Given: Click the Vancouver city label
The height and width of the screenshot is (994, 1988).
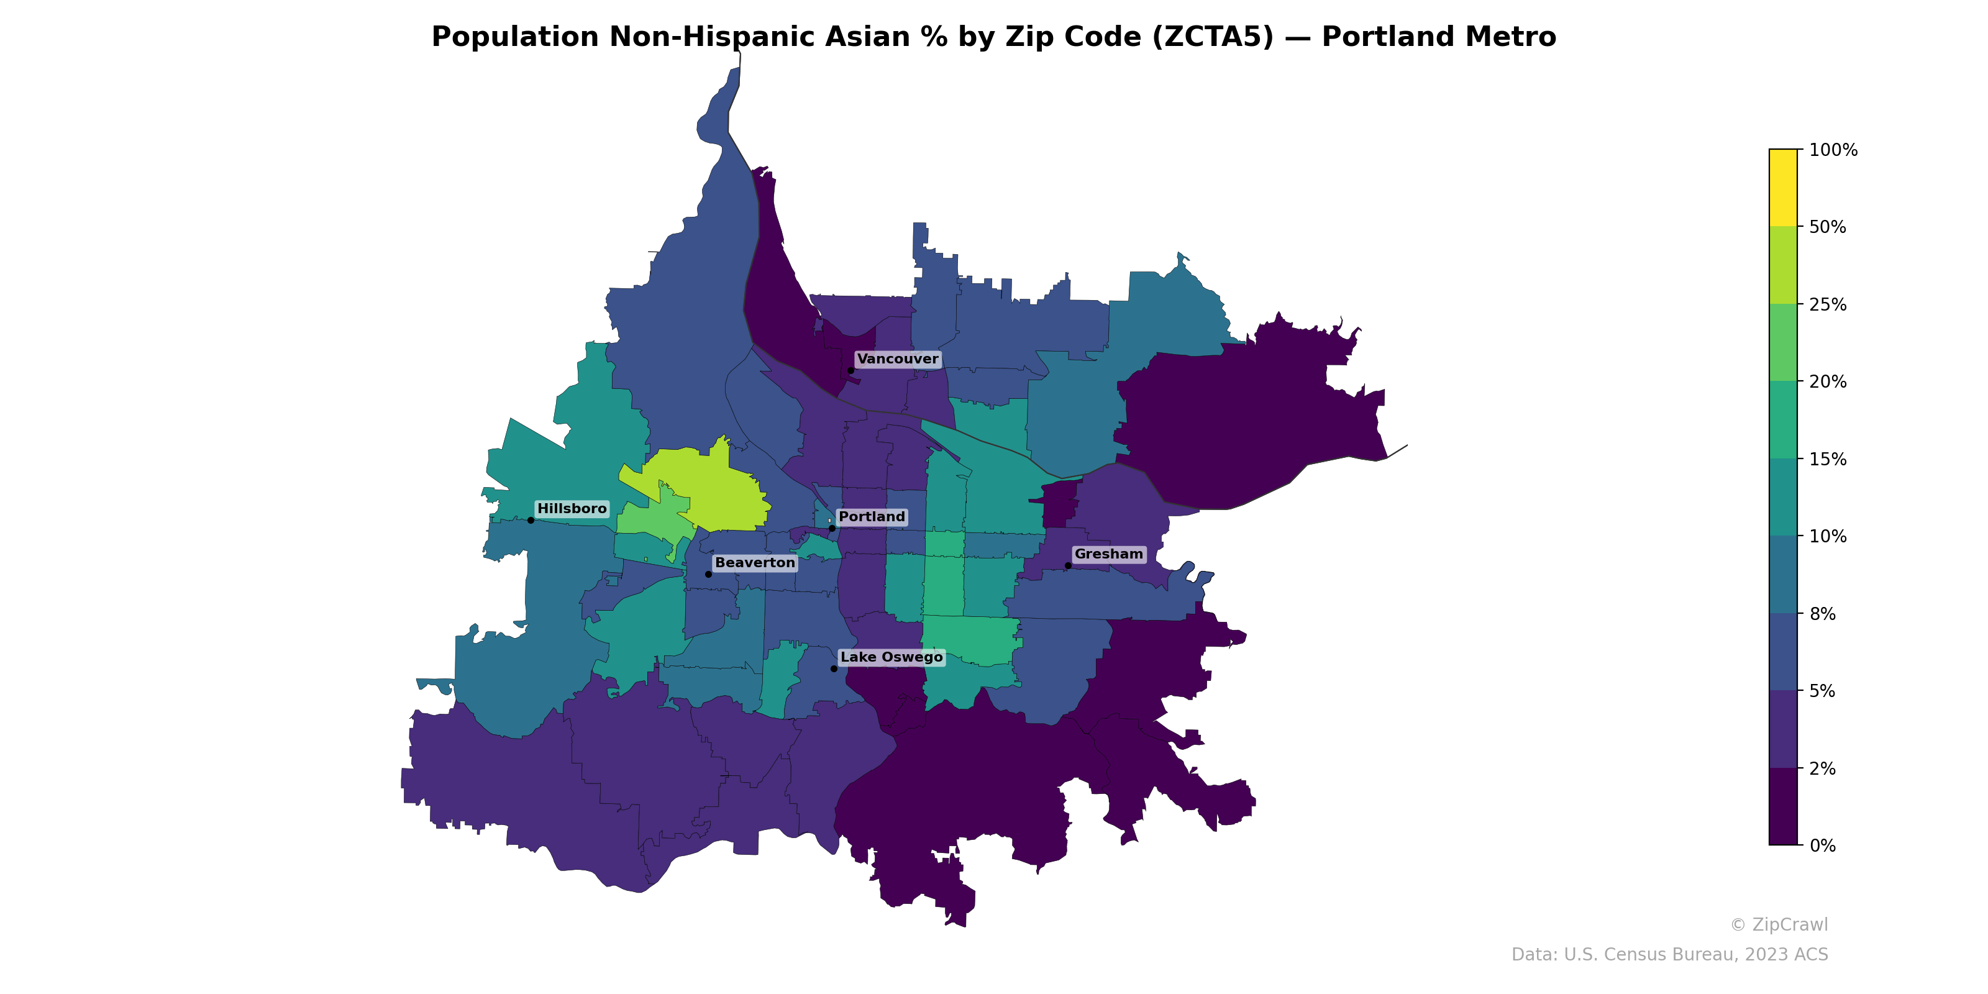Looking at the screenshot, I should tap(898, 359).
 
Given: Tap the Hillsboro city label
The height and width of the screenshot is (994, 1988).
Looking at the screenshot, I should tap(572, 509).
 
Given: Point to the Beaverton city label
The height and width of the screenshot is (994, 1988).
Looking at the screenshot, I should tap(754, 563).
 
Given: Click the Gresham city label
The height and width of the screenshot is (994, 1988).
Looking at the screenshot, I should tap(1108, 554).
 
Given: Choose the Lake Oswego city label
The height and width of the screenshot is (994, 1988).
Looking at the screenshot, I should tap(891, 657).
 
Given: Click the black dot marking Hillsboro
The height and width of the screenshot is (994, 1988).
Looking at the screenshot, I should tap(531, 520).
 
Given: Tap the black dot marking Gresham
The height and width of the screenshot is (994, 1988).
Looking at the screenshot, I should tap(1068, 566).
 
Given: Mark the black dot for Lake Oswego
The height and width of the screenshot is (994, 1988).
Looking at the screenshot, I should tap(834, 668).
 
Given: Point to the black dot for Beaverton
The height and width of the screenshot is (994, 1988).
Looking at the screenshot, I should tap(708, 574).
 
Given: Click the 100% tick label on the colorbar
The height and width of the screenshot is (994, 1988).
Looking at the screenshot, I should tap(1833, 150).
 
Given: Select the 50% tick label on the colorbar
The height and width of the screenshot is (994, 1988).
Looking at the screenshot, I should tap(1828, 227).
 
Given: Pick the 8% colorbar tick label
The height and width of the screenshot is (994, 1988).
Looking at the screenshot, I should tap(1822, 614).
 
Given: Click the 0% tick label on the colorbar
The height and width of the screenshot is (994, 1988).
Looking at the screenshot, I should tap(1822, 846).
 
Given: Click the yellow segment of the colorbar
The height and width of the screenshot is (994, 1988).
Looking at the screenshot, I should tap(1783, 188).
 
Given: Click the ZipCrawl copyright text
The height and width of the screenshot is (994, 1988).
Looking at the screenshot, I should tap(1779, 924).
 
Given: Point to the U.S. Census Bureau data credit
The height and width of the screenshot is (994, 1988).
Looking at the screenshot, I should tap(1669, 955).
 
